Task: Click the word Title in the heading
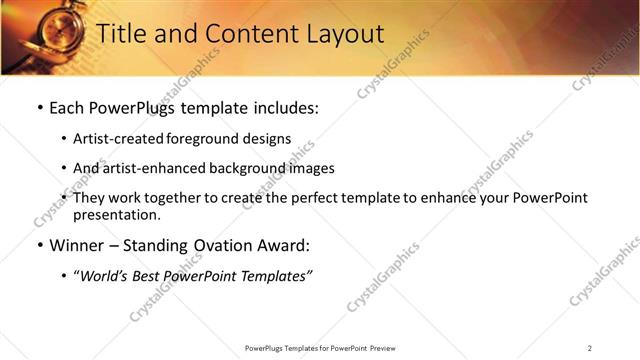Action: coord(124,34)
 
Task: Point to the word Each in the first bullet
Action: coord(69,108)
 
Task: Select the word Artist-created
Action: coord(115,139)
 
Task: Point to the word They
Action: coord(90,198)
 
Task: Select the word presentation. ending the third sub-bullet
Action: coord(116,214)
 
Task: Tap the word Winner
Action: coord(78,245)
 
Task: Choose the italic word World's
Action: coord(105,276)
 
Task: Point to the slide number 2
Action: coord(590,348)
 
